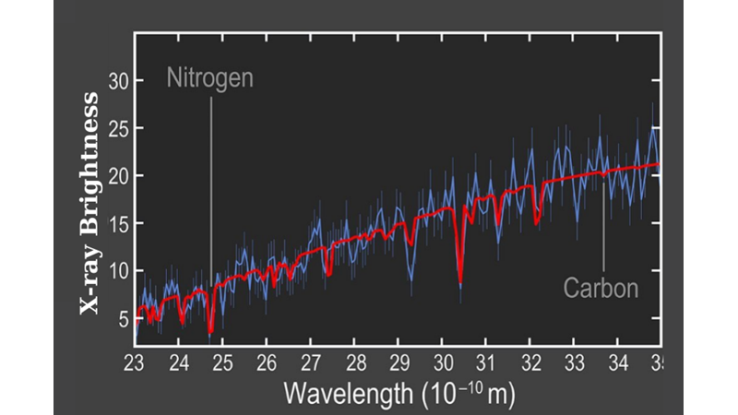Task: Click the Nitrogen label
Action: (x=209, y=77)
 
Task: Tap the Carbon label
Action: (x=601, y=289)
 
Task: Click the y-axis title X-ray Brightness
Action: (x=89, y=203)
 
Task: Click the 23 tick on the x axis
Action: (x=136, y=360)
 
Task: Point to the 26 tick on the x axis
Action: (x=267, y=360)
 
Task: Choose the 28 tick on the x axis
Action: (x=354, y=360)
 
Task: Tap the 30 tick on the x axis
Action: (x=442, y=360)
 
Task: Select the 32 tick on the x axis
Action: (x=530, y=360)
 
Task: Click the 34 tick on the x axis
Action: (x=617, y=360)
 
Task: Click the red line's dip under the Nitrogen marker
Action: (x=210, y=329)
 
